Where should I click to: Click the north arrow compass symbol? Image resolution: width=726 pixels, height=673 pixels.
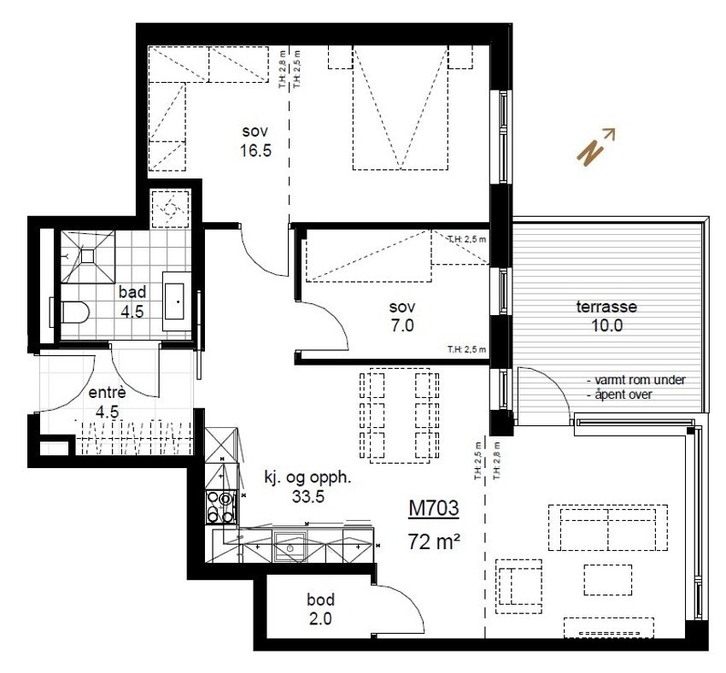point(597,147)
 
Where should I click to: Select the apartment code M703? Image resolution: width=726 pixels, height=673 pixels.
point(433,509)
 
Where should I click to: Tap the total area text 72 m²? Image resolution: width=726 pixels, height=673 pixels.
point(435,541)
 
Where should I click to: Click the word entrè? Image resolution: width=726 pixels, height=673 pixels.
point(108,394)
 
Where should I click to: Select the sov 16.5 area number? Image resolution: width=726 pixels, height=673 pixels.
point(256,150)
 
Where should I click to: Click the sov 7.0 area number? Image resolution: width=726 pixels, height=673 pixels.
point(401,325)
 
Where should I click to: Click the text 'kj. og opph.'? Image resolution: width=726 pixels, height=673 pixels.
point(295,478)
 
